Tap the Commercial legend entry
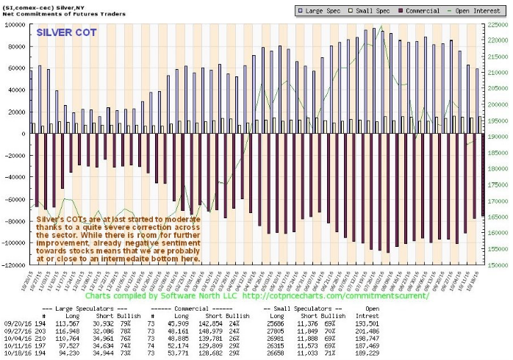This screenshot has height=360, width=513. coord(403,10)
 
